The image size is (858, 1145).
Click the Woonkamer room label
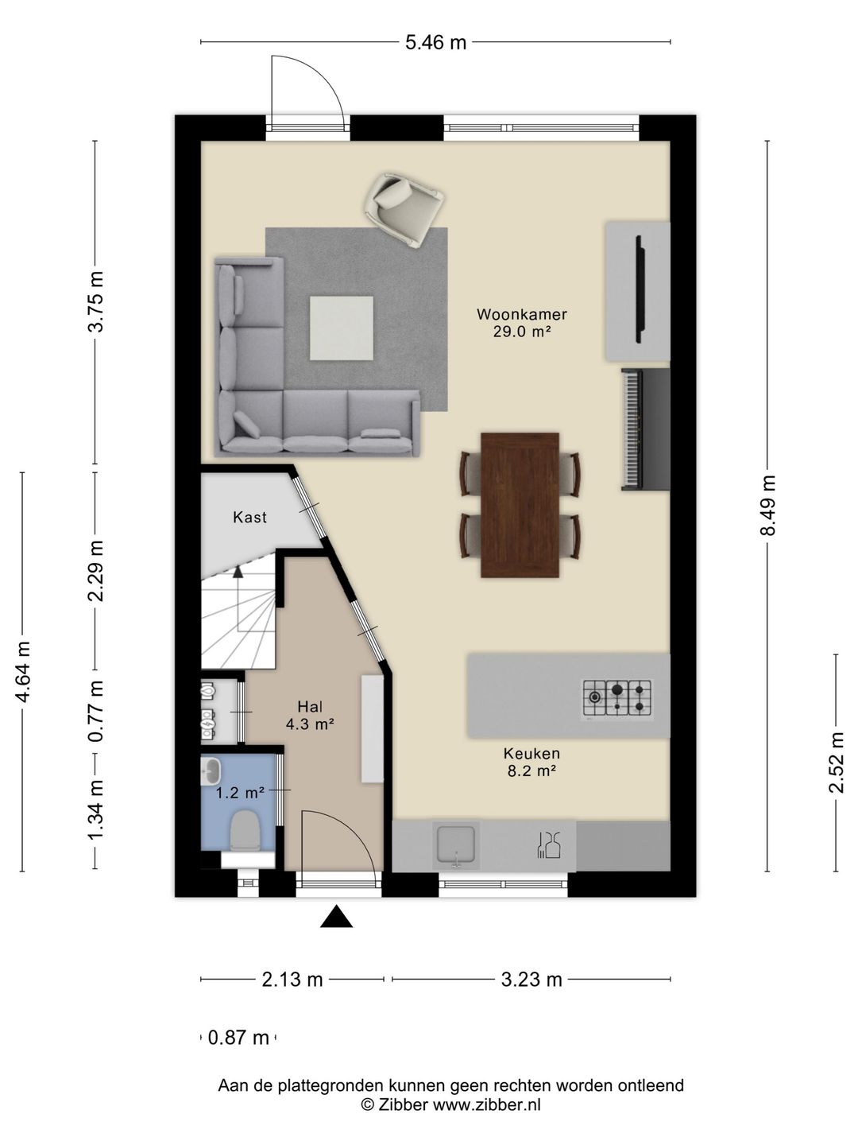521,315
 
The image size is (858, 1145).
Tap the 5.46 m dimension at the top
435,42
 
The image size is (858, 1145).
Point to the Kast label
250,517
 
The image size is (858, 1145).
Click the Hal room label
310,706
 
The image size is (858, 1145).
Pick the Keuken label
531,753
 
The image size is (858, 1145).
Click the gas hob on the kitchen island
616,697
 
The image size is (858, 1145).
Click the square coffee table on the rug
342,328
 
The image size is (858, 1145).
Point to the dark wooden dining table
520,504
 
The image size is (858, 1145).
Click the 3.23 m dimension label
531,980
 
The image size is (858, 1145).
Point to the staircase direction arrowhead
238,571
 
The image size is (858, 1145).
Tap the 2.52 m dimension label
836,763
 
